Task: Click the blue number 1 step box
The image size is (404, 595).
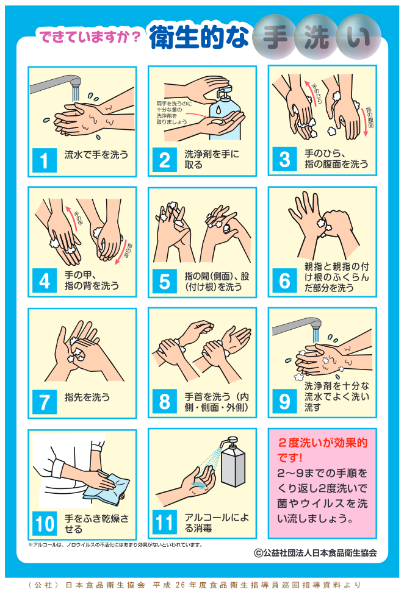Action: tap(45, 160)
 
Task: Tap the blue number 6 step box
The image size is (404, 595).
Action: tap(284, 280)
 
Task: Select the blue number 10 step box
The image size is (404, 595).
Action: tap(45, 523)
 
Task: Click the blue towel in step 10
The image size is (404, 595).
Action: tap(107, 486)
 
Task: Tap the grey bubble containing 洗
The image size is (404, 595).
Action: tap(317, 37)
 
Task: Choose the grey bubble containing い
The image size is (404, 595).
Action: tap(358, 37)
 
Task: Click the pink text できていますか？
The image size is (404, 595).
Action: tap(90, 37)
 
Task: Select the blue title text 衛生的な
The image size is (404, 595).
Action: tap(199, 37)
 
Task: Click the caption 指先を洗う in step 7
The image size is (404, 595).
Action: tap(87, 397)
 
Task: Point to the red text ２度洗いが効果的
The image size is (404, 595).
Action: tap(323, 443)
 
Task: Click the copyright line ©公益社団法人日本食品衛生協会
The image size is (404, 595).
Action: tap(315, 552)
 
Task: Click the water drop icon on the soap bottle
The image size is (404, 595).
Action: tap(218, 109)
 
